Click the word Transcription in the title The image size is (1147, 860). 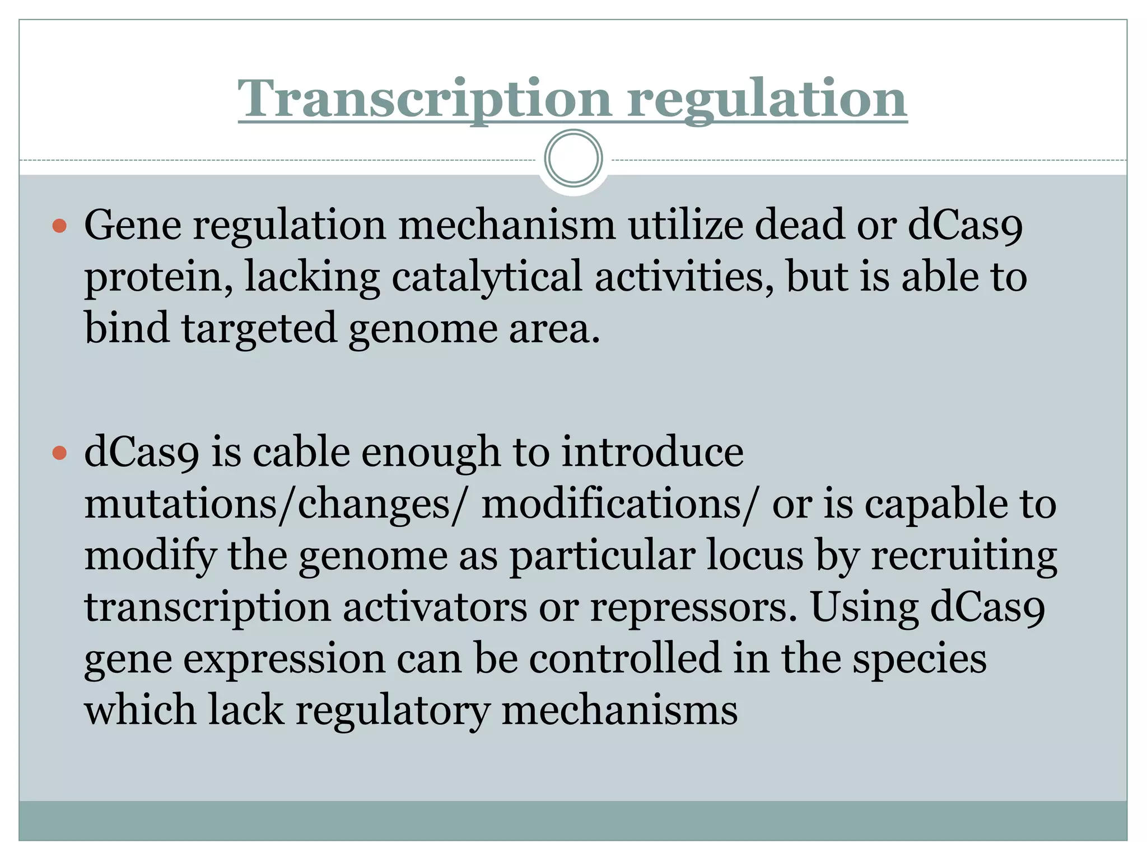tap(425, 99)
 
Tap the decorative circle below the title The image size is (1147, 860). tap(573, 158)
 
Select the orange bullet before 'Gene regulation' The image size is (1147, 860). tap(59, 226)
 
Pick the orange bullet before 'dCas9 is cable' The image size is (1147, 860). tap(59, 452)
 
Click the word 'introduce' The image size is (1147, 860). tap(652, 452)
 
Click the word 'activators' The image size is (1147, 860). tap(435, 607)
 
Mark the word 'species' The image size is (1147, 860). tap(919, 659)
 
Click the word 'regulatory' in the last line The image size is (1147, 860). tap(393, 711)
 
